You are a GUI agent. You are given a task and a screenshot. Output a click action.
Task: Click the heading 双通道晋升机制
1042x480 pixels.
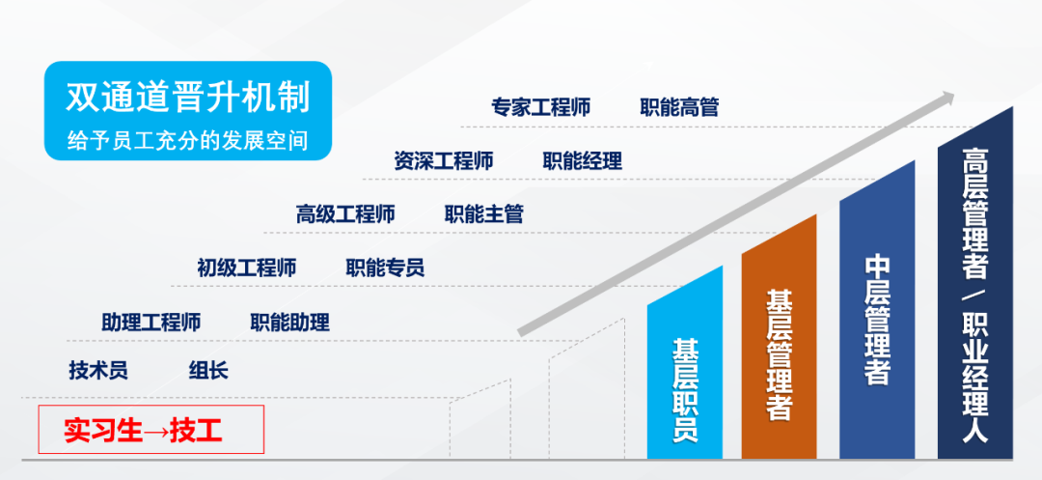188,99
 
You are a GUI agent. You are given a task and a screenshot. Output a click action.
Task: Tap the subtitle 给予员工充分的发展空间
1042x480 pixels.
188,140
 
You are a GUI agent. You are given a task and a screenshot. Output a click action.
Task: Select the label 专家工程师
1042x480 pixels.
541,107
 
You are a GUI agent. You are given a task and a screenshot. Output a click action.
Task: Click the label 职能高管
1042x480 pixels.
680,107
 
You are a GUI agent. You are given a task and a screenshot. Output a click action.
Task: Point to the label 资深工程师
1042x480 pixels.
443,161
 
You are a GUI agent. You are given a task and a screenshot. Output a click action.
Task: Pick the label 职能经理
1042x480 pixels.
582,161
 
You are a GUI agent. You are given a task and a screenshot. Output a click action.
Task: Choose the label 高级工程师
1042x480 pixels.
345,214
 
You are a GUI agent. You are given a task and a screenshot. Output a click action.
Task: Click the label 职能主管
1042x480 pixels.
483,214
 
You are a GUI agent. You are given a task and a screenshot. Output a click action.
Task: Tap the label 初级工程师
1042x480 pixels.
247,268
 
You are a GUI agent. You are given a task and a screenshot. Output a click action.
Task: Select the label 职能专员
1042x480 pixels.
385,268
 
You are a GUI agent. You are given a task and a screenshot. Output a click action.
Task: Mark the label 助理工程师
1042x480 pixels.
151,323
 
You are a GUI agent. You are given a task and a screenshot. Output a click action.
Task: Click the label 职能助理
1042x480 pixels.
289,323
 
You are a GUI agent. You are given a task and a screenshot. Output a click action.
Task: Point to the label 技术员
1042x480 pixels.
98,370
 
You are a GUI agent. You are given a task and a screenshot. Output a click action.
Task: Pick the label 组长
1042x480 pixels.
208,370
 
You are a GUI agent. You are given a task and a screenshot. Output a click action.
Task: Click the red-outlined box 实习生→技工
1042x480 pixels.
151,430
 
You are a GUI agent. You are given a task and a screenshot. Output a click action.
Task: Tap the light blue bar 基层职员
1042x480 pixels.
684,372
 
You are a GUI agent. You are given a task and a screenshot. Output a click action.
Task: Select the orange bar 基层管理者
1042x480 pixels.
779,346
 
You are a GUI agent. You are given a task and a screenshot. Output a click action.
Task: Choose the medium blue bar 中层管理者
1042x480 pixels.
877,319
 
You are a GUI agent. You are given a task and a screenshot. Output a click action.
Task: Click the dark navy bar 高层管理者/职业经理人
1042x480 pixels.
974,293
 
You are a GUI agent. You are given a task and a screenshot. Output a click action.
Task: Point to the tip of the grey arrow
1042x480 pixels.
954,95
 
